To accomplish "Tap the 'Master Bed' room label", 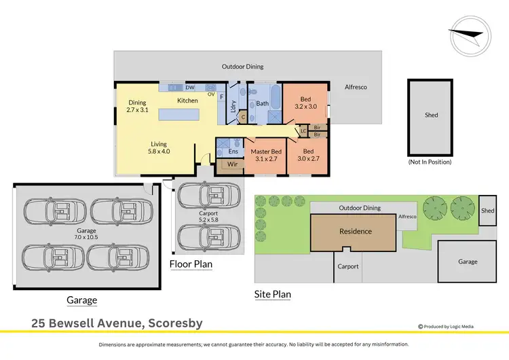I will pos(266,155).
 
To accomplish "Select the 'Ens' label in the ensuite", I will pos(233,151).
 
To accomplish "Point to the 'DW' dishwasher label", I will pos(189,88).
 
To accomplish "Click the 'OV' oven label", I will pos(211,94).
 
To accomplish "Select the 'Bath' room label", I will pos(261,104).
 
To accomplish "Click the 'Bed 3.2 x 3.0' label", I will pos(305,102).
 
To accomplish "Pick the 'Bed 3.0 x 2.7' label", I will pos(308,155).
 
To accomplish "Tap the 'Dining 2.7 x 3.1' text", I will pos(138,107).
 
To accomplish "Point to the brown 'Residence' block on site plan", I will pos(356,232).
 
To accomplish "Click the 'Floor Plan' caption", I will pos(191,264).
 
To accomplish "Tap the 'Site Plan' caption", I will pos(272,295).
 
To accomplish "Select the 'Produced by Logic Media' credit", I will pos(446,326).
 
